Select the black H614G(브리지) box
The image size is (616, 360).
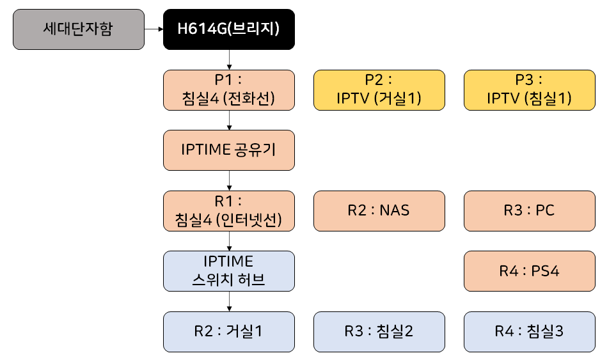(x=228, y=29)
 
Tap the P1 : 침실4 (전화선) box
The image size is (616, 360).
(x=228, y=90)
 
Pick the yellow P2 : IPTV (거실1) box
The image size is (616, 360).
(x=379, y=90)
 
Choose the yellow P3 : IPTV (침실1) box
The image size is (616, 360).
(x=529, y=90)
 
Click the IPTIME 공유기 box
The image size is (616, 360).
(x=228, y=150)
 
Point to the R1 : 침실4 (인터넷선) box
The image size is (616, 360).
(x=228, y=210)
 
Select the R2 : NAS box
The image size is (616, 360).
(x=379, y=210)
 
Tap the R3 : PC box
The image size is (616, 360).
(x=529, y=210)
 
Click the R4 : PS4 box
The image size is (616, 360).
(x=529, y=270)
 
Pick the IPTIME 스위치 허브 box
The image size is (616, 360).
(x=228, y=270)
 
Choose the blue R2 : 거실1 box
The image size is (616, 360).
(x=228, y=331)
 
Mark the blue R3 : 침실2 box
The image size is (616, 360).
(x=379, y=331)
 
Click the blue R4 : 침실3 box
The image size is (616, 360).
(x=529, y=331)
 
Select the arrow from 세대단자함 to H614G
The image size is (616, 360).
(x=154, y=29)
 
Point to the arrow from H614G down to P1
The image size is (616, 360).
(x=229, y=59)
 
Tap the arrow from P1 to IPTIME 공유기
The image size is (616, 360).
(x=229, y=120)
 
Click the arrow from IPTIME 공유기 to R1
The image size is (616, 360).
(x=229, y=180)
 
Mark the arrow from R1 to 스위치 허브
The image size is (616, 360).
(x=229, y=240)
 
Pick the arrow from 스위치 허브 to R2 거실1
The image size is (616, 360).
(x=229, y=301)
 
